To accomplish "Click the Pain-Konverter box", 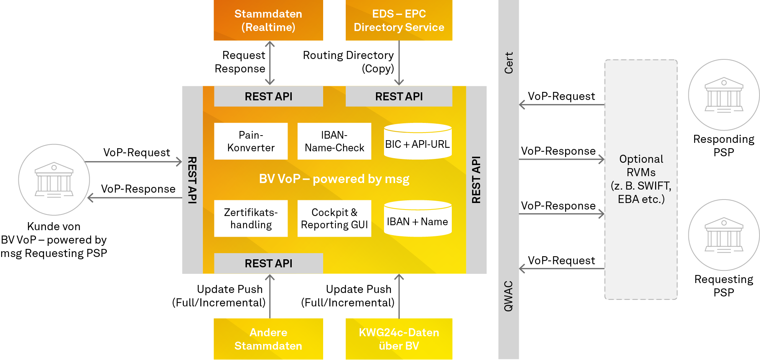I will [251, 141].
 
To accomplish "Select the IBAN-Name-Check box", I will [334, 141].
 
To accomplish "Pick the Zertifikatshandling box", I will [251, 218].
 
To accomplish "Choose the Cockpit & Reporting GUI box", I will [334, 218].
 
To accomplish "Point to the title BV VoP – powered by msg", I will [334, 179].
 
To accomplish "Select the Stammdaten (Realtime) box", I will [268, 20].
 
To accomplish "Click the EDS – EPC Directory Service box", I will [399, 20].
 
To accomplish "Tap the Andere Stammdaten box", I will [268, 339].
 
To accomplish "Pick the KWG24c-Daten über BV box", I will [399, 339].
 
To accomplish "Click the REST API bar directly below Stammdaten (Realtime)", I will [268, 97].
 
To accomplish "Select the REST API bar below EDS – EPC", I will [399, 97].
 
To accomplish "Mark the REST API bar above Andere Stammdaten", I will [268, 263].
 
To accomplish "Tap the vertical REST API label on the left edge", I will [192, 180].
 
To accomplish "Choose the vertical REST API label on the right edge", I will [476, 180].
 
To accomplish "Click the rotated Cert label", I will [508, 63].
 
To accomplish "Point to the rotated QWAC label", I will [508, 296].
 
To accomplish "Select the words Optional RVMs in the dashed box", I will [641, 165].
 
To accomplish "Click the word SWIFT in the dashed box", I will [653, 186].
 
